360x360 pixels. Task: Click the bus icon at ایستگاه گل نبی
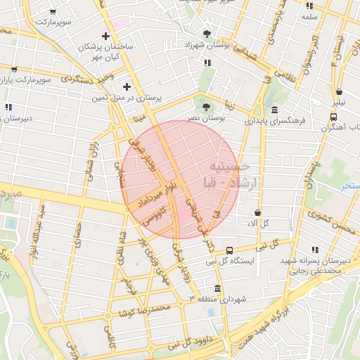pyautogui.click(x=229, y=251)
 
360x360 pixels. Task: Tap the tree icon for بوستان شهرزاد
pyautogui.click(x=206, y=34)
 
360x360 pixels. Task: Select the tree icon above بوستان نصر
pyautogui.click(x=206, y=108)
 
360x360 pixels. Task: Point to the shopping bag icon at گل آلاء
pyautogui.click(x=258, y=212)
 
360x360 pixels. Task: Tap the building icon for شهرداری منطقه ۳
pyautogui.click(x=217, y=289)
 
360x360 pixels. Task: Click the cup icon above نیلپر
pyautogui.click(x=340, y=91)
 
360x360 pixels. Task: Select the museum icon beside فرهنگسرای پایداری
pyautogui.click(x=274, y=111)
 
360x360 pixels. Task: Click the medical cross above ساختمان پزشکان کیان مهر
pyautogui.click(x=105, y=36)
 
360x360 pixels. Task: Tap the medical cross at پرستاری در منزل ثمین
pyautogui.click(x=127, y=86)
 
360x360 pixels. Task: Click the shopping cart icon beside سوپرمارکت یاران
pyautogui.click(x=14, y=70)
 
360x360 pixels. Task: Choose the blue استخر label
pyautogui.click(x=349, y=186)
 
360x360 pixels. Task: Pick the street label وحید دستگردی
pyautogui.click(x=88, y=79)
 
